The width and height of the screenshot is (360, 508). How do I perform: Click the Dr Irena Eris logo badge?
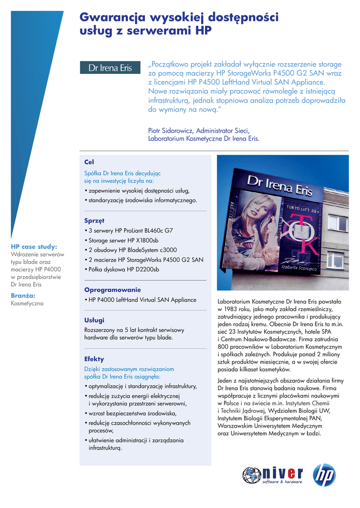(x=110, y=68)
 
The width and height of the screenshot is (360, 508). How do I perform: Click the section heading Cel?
(x=89, y=162)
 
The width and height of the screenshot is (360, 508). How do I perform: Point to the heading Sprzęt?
(x=94, y=220)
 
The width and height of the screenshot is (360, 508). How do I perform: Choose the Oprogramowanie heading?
(x=112, y=290)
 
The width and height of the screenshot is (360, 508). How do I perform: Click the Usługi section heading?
(x=94, y=320)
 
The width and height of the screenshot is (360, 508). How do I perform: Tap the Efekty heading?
(x=94, y=359)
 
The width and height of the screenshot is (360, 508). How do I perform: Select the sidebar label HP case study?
(x=34, y=246)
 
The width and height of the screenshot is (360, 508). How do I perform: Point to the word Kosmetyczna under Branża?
(x=27, y=303)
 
